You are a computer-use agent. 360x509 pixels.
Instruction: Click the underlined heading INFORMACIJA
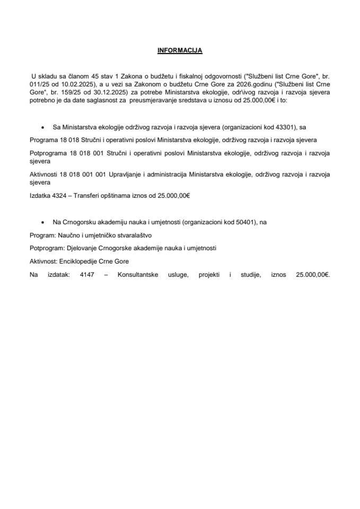pos(180,51)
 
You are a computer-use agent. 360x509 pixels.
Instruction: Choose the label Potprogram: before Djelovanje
pos(47,248)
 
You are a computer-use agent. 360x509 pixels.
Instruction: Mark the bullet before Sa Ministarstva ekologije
pos(42,128)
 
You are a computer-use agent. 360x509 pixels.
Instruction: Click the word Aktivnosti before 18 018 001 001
pos(43,172)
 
